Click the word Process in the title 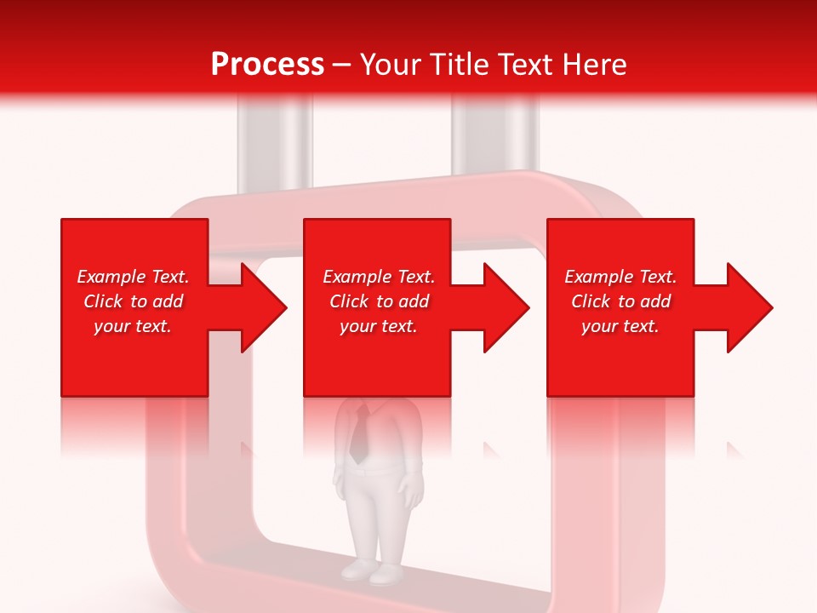tap(267, 65)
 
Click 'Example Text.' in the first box tap(133, 277)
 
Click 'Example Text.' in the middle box tap(379, 277)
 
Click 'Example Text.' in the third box tap(620, 277)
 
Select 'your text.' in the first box tap(133, 326)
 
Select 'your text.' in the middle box tap(379, 326)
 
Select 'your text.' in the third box tap(620, 326)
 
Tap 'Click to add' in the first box tap(133, 301)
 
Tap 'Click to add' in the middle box tap(379, 301)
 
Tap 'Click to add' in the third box tap(620, 301)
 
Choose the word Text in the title tap(528, 65)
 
